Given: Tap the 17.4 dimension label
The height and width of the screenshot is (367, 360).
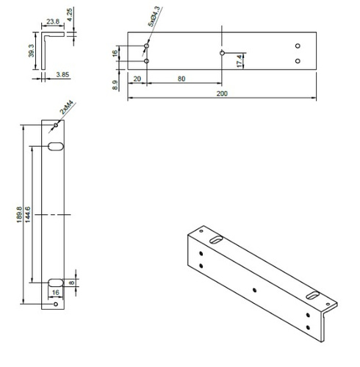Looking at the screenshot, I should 239,62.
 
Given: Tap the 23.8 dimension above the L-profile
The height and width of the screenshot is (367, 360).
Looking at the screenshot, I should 51,22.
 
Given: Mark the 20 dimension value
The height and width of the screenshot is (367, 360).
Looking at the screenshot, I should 137,78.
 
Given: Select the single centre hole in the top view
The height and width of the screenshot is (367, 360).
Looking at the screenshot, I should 221,53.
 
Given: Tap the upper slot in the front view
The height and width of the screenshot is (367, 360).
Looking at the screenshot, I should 56,147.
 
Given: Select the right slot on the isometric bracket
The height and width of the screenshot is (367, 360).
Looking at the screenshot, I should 314,294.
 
